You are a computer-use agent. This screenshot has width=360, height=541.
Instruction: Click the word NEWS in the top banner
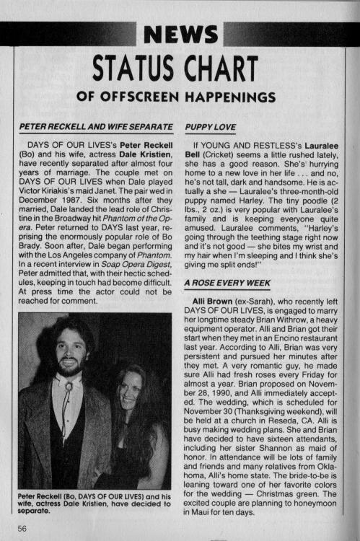(180, 33)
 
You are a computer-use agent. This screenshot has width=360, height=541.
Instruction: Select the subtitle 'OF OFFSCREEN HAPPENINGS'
(180, 96)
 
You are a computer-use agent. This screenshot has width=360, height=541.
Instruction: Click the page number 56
(11, 529)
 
